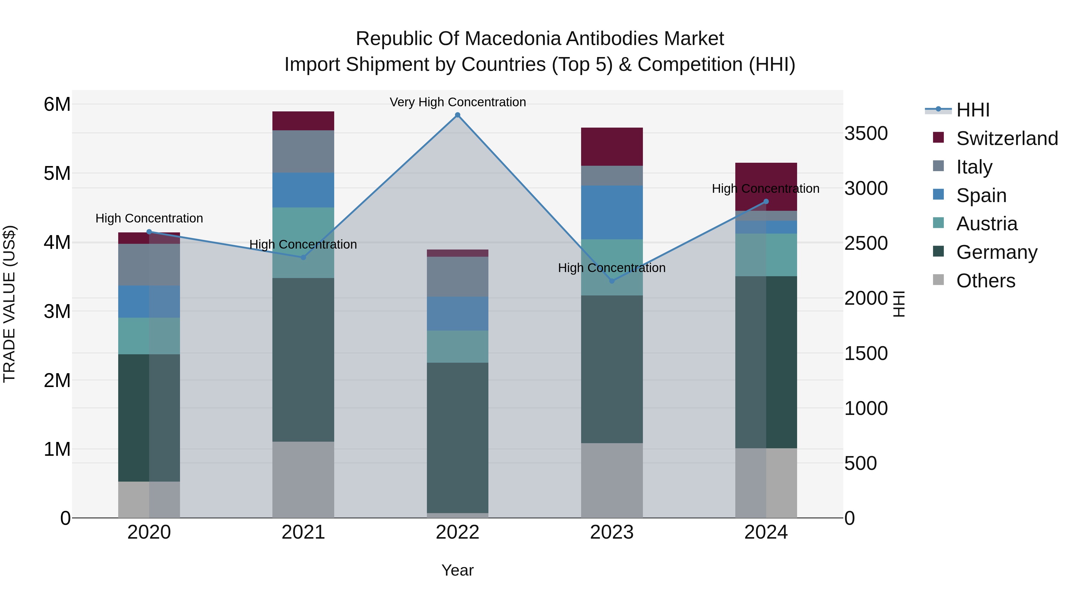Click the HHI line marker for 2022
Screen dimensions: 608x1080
(457, 115)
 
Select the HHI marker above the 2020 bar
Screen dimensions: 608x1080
(149, 231)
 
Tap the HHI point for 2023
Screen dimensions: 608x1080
(612, 281)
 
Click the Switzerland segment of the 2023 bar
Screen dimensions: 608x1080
(612, 147)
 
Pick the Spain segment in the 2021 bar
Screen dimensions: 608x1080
(303, 190)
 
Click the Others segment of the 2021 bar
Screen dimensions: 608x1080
(303, 479)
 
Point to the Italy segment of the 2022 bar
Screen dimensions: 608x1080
(457, 277)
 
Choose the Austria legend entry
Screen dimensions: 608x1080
(986, 224)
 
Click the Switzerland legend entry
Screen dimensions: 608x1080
(1006, 138)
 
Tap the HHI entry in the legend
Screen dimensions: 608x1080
(973, 110)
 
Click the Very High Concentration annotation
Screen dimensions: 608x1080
(457, 102)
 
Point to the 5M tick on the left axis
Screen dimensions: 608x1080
(57, 173)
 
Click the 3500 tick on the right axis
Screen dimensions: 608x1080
(866, 133)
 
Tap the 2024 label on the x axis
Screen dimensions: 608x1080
(766, 532)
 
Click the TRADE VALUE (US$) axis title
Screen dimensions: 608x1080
(9, 304)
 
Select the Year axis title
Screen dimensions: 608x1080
(457, 570)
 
